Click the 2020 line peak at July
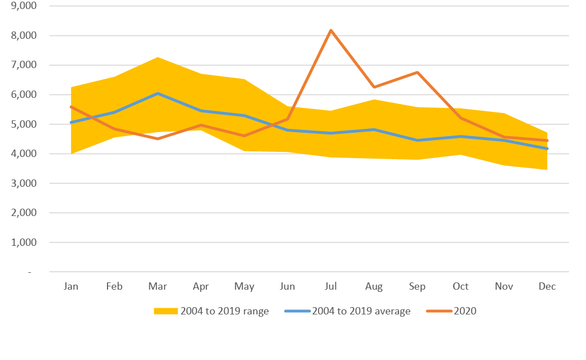pyautogui.click(x=331, y=30)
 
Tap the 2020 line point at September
pyautogui.click(x=417, y=72)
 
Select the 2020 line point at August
pyautogui.click(x=374, y=87)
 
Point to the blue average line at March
pyautogui.click(x=158, y=93)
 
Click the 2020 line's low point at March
pyautogui.click(x=158, y=138)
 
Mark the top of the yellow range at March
pyautogui.click(x=158, y=57)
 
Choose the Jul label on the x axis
pyautogui.click(x=331, y=286)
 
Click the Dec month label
pyautogui.click(x=547, y=286)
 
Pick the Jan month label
pyautogui.click(x=71, y=286)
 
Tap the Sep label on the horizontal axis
pyautogui.click(x=417, y=286)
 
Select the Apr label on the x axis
pyautogui.click(x=201, y=286)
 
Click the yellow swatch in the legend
pyautogui.click(x=165, y=311)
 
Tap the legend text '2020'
pyautogui.click(x=465, y=311)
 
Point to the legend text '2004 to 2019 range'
pyautogui.click(x=225, y=311)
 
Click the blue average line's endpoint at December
pyautogui.click(x=547, y=148)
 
